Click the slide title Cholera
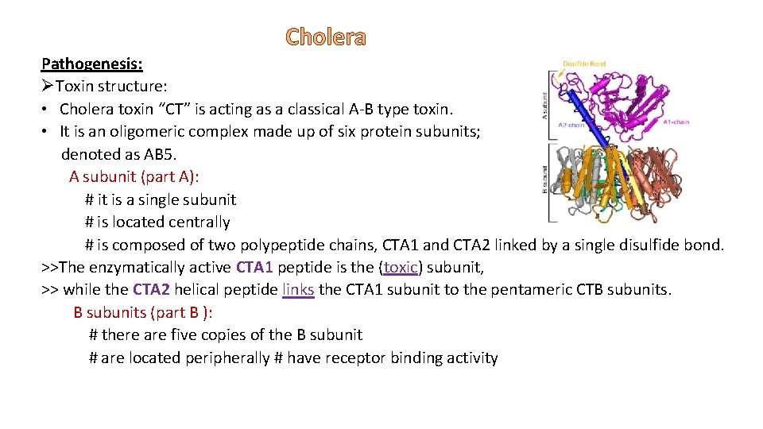click(326, 37)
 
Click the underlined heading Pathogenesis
click(91, 63)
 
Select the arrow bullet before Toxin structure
click(48, 86)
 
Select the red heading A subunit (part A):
click(134, 176)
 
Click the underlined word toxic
click(401, 268)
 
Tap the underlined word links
click(298, 290)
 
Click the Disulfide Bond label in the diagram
click(584, 64)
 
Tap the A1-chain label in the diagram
click(676, 122)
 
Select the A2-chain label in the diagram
click(571, 125)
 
